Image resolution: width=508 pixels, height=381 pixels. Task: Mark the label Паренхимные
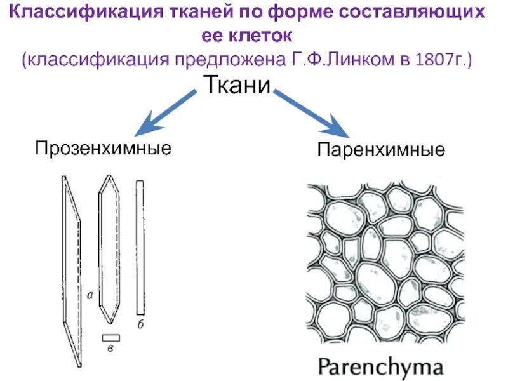pyautogui.click(x=381, y=150)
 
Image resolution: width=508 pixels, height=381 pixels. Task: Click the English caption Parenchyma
pyautogui.click(x=380, y=366)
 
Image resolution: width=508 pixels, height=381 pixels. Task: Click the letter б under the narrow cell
pyautogui.click(x=140, y=324)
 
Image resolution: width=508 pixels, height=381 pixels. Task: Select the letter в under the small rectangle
pyautogui.click(x=111, y=348)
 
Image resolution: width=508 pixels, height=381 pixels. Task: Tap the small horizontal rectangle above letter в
pyautogui.click(x=110, y=337)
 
